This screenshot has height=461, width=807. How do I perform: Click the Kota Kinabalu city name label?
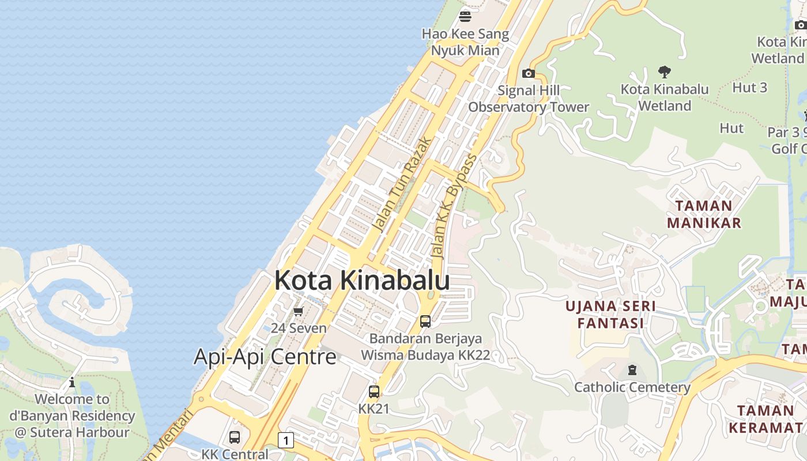click(x=362, y=281)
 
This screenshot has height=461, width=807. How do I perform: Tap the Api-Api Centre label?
click(x=265, y=357)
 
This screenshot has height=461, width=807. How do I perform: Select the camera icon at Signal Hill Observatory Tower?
click(x=528, y=73)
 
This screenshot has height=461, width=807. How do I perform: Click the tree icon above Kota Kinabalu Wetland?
click(x=665, y=72)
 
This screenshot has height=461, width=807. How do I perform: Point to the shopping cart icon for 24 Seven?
click(x=298, y=312)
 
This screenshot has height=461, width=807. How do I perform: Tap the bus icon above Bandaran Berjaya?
click(x=425, y=322)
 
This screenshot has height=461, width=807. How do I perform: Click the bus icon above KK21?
click(x=374, y=392)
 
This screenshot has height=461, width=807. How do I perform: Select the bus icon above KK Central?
click(x=235, y=437)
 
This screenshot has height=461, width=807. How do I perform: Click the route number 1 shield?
click(x=285, y=441)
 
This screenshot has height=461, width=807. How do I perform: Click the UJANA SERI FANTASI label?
click(x=610, y=314)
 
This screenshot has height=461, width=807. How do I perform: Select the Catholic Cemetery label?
click(x=632, y=387)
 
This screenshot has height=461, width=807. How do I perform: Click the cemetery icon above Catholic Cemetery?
click(x=632, y=369)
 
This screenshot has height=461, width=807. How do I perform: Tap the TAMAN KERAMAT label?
click(x=765, y=419)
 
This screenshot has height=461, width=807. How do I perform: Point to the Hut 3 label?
click(x=749, y=88)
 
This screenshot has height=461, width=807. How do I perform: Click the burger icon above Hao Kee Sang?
click(x=465, y=16)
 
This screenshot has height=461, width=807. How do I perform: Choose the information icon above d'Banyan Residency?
click(x=72, y=382)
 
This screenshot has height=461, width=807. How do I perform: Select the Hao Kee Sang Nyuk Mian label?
click(x=465, y=42)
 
